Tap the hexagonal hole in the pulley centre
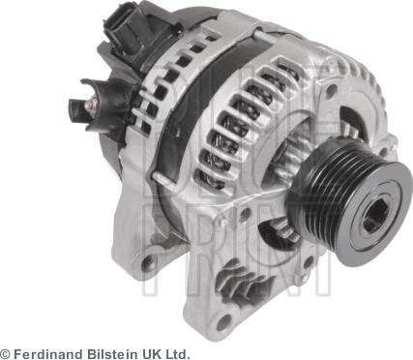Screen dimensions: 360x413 [x=375, y=219]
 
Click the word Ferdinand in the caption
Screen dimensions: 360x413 [x=47, y=353]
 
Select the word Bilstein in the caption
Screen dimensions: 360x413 [x=112, y=353]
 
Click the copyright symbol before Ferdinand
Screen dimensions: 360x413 [x=6, y=353]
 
